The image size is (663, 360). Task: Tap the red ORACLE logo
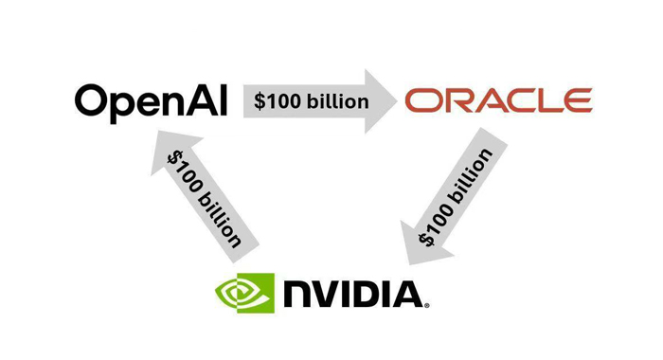click(x=498, y=100)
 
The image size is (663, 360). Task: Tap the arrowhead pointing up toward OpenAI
click(x=170, y=156)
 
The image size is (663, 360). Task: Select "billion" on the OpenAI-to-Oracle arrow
click(x=338, y=100)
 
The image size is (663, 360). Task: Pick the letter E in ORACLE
click(x=577, y=100)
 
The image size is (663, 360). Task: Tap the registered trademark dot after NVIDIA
click(x=427, y=305)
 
